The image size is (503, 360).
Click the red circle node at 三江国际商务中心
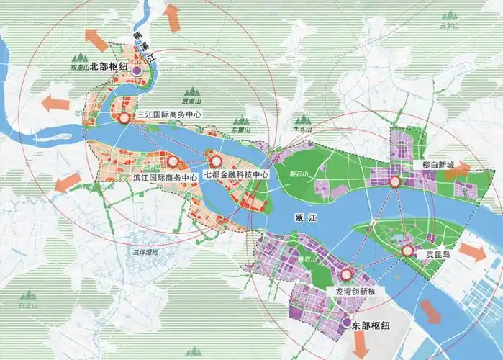pos(124,117)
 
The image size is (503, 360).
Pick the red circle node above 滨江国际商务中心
pos(173,161)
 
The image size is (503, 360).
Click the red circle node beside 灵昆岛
pos(407,251)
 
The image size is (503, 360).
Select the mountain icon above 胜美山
pos(191,91)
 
